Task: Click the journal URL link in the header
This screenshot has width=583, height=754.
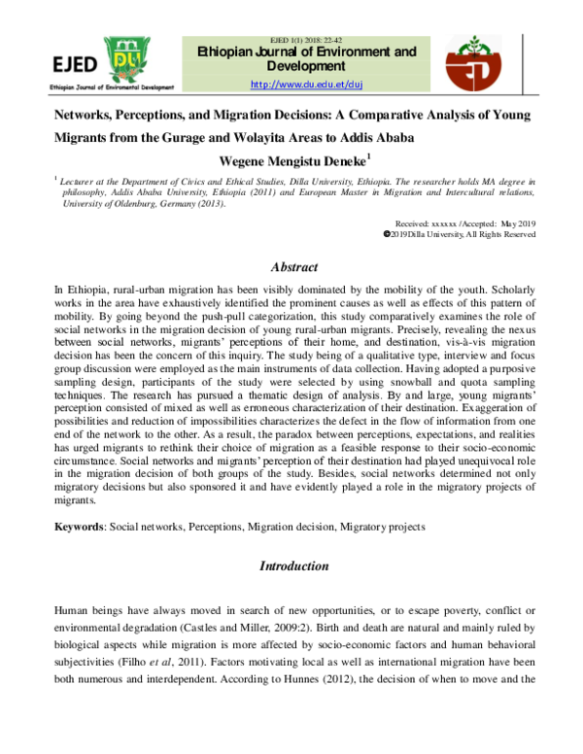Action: click(306, 86)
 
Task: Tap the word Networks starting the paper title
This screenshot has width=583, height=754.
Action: click(86, 115)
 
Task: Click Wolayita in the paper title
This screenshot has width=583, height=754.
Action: click(330, 137)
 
